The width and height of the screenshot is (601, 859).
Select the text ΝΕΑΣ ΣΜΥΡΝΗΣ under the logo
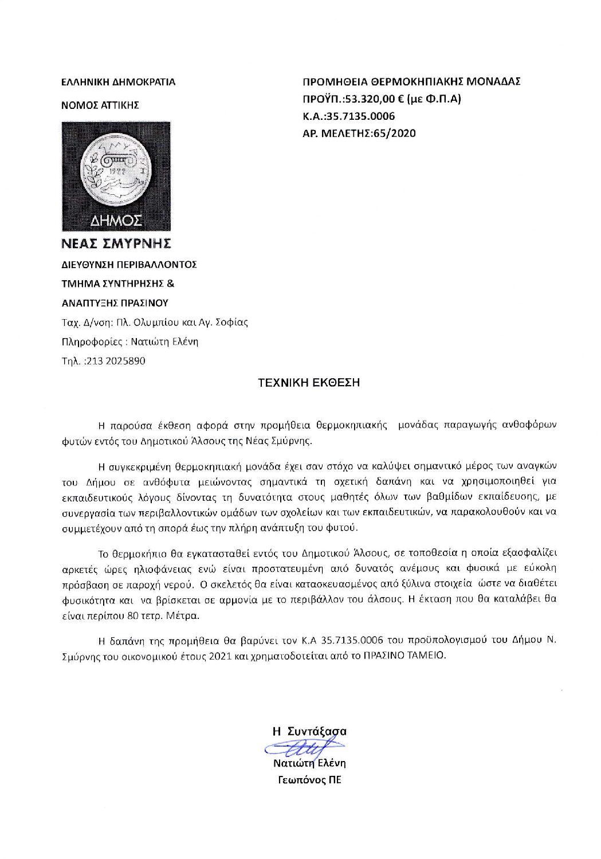tap(116, 244)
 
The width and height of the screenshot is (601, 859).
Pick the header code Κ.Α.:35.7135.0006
tap(348, 116)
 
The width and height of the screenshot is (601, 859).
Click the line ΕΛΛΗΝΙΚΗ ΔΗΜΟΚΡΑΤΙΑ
tap(118, 82)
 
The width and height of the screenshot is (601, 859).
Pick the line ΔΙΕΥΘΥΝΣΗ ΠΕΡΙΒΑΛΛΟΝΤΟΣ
tap(129, 265)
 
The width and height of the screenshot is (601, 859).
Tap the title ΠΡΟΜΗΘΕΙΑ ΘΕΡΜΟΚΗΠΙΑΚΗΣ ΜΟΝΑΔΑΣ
tap(411, 81)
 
